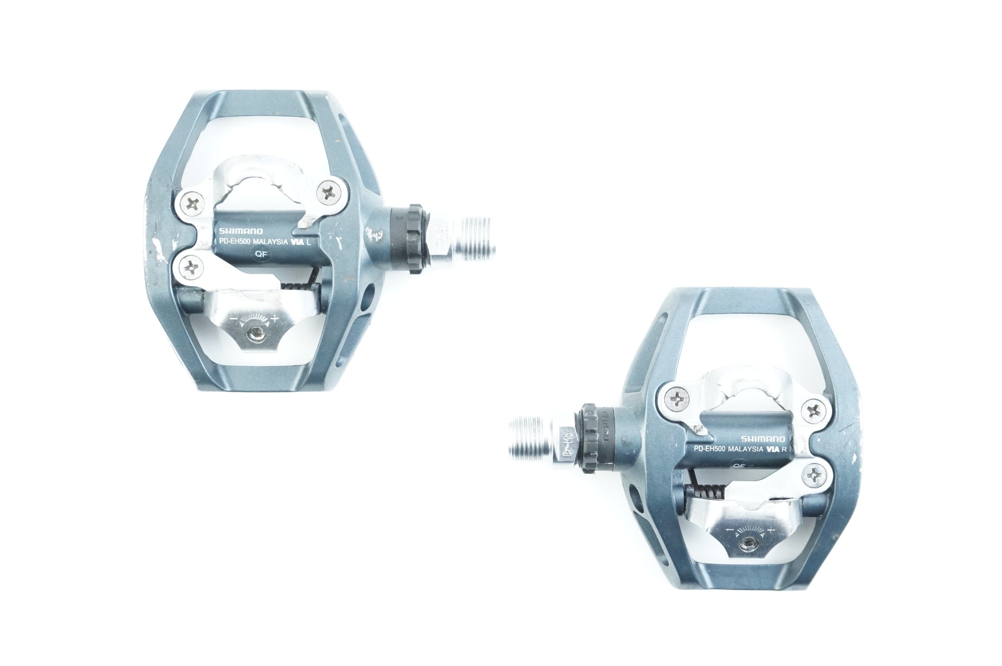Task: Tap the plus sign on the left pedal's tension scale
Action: tap(275, 318)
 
